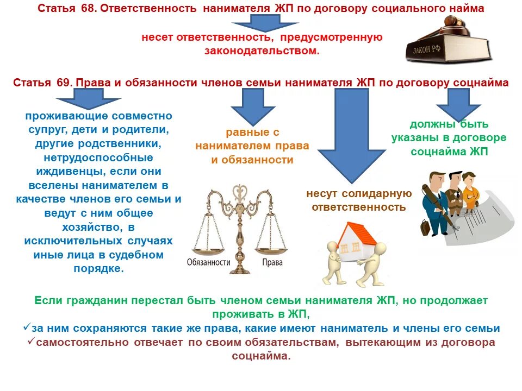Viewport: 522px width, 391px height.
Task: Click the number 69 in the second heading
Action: (x=62, y=83)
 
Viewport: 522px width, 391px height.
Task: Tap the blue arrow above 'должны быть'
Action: (x=452, y=103)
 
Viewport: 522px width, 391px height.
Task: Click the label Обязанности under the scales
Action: (x=209, y=262)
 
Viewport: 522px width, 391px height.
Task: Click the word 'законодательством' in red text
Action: (x=262, y=51)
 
